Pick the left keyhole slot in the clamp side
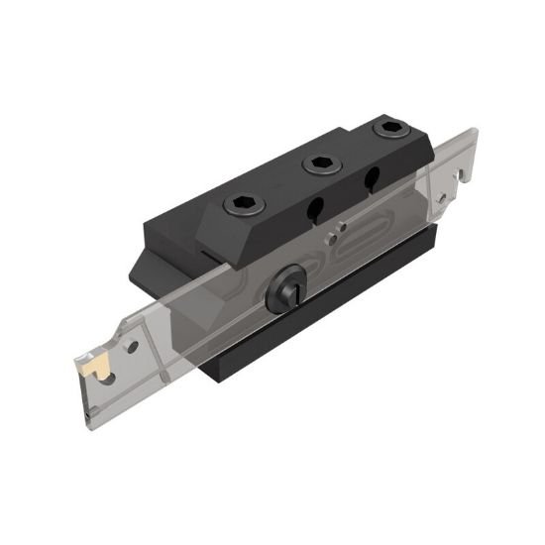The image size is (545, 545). (x=316, y=210)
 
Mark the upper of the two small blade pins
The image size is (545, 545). (x=342, y=227)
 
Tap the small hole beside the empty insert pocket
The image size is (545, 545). (x=440, y=198)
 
